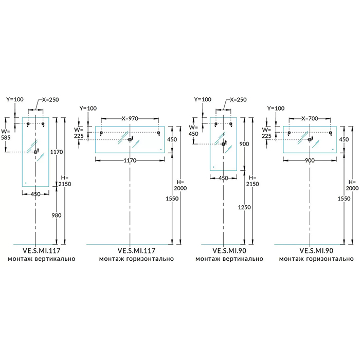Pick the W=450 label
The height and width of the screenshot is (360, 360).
click(193, 131)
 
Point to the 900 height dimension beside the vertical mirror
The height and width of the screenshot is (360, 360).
click(244, 145)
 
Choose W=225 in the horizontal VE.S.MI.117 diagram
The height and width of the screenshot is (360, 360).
click(79, 133)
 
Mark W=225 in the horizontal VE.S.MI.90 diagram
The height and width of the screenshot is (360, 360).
click(266, 133)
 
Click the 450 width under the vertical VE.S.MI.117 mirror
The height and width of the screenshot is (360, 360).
click(35, 194)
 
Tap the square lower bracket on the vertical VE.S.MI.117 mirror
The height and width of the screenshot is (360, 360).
click(35, 152)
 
